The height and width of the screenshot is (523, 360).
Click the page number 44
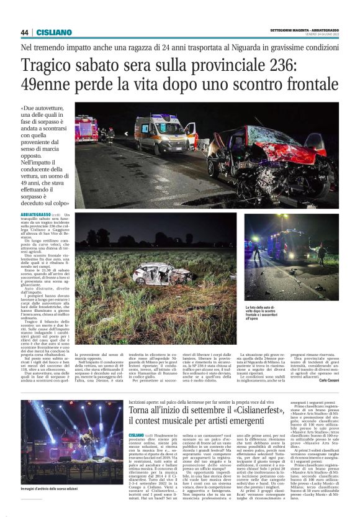click(24, 32)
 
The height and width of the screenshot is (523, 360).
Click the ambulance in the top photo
click(163, 133)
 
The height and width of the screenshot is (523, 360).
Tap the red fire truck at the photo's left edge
click(86, 129)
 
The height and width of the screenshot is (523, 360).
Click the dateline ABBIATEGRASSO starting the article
click(35, 215)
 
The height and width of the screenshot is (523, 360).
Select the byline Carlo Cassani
click(326, 380)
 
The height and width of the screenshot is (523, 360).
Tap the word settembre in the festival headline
click(200, 411)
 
